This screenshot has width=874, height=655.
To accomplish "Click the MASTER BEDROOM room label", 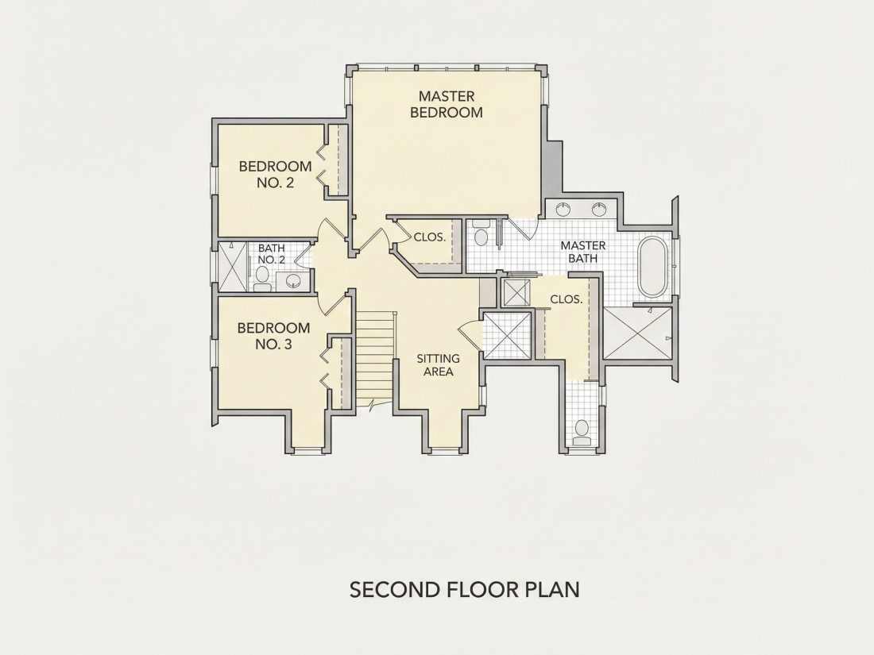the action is click(447, 104).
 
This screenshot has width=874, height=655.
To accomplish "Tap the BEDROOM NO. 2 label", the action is click(276, 174).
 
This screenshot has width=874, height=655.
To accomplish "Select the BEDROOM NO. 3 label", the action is click(273, 336).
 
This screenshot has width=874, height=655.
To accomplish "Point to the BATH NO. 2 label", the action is click(272, 253).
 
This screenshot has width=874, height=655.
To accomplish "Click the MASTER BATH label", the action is click(583, 252).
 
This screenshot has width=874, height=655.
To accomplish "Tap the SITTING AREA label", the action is click(438, 365).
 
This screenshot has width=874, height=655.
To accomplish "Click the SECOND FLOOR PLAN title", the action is click(464, 589).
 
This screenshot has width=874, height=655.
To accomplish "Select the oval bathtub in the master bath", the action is click(652, 268).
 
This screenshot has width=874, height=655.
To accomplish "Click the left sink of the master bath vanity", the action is click(564, 210).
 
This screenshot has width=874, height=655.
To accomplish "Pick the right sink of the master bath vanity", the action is click(598, 210).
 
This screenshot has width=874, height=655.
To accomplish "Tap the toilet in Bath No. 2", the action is click(262, 279).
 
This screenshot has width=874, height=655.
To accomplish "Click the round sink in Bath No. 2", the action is click(293, 281).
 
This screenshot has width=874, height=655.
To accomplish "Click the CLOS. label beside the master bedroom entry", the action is click(430, 237).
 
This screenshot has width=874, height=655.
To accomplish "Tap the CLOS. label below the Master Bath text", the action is click(567, 299).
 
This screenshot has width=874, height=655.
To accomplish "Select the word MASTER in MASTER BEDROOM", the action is click(447, 96).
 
